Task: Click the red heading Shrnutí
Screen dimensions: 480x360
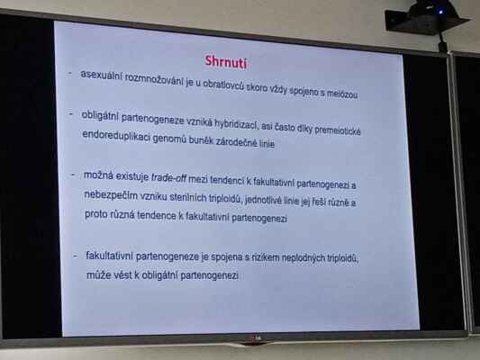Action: (x=226, y=62)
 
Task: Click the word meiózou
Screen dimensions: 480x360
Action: (x=342, y=94)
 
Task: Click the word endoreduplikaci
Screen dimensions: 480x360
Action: (x=116, y=136)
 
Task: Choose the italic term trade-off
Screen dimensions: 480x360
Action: (x=168, y=177)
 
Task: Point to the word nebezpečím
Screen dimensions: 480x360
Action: (x=111, y=195)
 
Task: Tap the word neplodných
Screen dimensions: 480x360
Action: (x=303, y=258)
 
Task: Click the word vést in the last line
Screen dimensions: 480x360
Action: (x=123, y=275)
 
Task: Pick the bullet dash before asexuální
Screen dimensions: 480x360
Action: (x=70, y=74)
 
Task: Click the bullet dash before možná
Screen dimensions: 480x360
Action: (x=74, y=175)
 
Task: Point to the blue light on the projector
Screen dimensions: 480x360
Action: (x=440, y=12)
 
